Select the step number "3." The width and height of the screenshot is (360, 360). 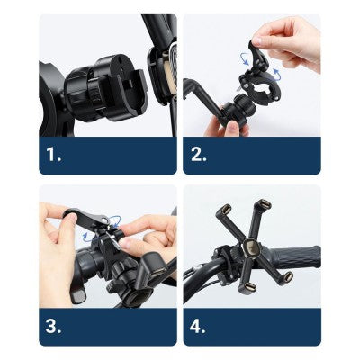(53, 327)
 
